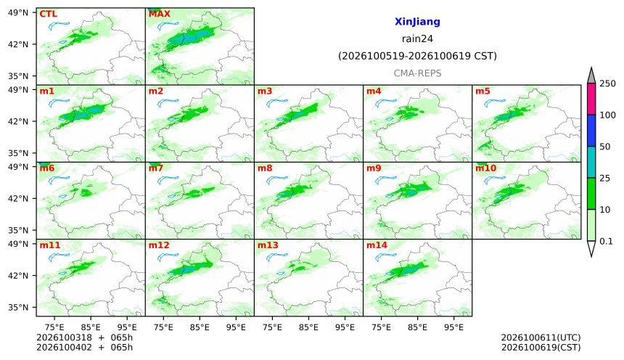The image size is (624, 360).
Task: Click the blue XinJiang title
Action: [x=417, y=22]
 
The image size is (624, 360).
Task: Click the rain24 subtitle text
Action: [x=417, y=39]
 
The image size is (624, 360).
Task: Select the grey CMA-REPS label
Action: [x=417, y=73]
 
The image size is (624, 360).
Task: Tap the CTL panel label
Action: [x=48, y=14]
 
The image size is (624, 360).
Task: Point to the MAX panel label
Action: [x=159, y=14]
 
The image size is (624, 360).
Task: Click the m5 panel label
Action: [x=483, y=91]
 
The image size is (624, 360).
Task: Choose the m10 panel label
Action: [x=485, y=168]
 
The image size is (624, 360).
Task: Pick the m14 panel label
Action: [x=377, y=245]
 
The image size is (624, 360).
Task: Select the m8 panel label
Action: [x=265, y=168]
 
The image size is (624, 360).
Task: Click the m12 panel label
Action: [x=159, y=245]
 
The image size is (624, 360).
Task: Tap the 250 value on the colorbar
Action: [x=608, y=83]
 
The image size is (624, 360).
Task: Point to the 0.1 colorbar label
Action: [x=606, y=241]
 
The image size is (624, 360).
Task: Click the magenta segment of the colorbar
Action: [x=591, y=99]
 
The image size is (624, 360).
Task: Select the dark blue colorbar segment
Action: [x=591, y=131]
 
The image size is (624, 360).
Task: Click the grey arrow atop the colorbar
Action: [x=591, y=76]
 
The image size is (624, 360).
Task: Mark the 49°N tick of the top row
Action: [x=18, y=13]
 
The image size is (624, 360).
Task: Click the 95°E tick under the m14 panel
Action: [x=453, y=327]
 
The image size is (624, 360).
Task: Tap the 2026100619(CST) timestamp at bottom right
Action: [x=541, y=347]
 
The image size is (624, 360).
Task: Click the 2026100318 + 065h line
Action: [x=84, y=337]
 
